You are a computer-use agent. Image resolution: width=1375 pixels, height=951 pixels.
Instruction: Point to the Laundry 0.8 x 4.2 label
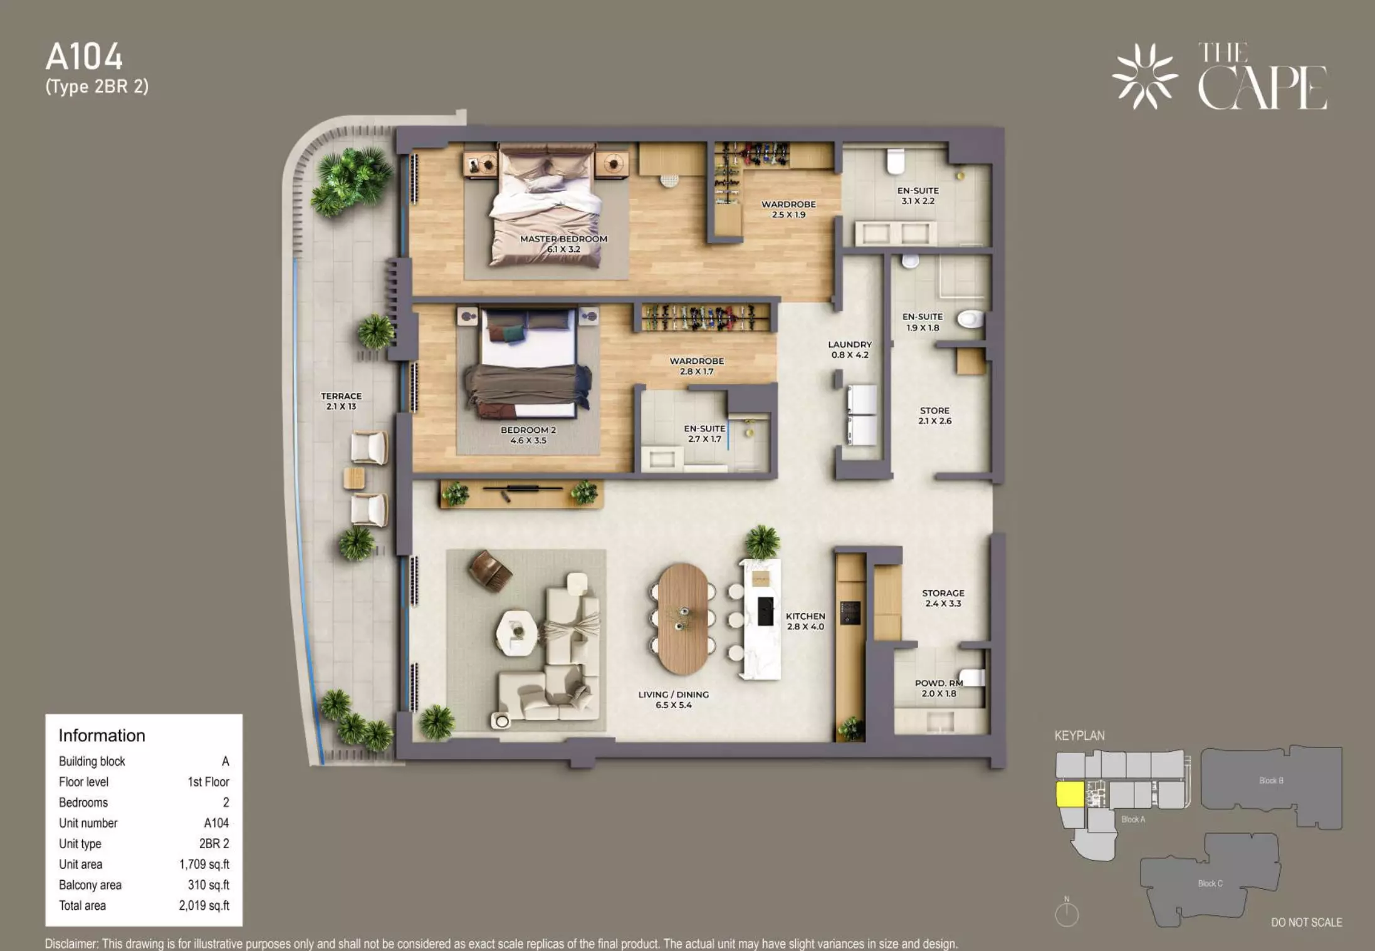tap(850, 350)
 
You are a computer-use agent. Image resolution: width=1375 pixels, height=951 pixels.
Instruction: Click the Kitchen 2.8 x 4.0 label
tap(805, 621)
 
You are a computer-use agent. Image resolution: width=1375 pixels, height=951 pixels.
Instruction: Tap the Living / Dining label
tap(674, 699)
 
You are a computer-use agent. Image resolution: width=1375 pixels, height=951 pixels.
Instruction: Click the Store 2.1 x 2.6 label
tap(934, 415)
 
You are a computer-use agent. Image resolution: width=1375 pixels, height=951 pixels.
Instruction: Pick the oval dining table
tap(682, 619)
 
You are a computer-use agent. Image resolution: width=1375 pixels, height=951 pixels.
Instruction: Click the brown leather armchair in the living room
tap(489, 569)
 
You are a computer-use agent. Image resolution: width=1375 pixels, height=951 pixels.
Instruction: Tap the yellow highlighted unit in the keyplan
tap(1070, 794)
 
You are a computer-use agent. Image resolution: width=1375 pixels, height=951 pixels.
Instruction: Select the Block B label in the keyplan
tap(1271, 781)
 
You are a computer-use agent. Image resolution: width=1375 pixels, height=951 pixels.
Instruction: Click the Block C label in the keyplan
tap(1210, 883)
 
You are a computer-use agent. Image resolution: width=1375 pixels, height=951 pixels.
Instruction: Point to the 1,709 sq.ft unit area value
tap(204, 865)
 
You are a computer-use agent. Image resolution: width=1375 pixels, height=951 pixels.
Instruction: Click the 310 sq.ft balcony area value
tap(209, 885)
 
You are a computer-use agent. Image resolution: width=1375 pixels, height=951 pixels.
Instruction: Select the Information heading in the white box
tap(102, 735)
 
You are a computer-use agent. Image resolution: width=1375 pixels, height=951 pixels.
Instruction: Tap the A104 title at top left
tap(84, 57)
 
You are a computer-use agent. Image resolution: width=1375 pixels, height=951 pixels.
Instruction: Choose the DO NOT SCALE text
tap(1307, 922)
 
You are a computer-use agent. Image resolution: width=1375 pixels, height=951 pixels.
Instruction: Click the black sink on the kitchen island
tap(765, 611)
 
